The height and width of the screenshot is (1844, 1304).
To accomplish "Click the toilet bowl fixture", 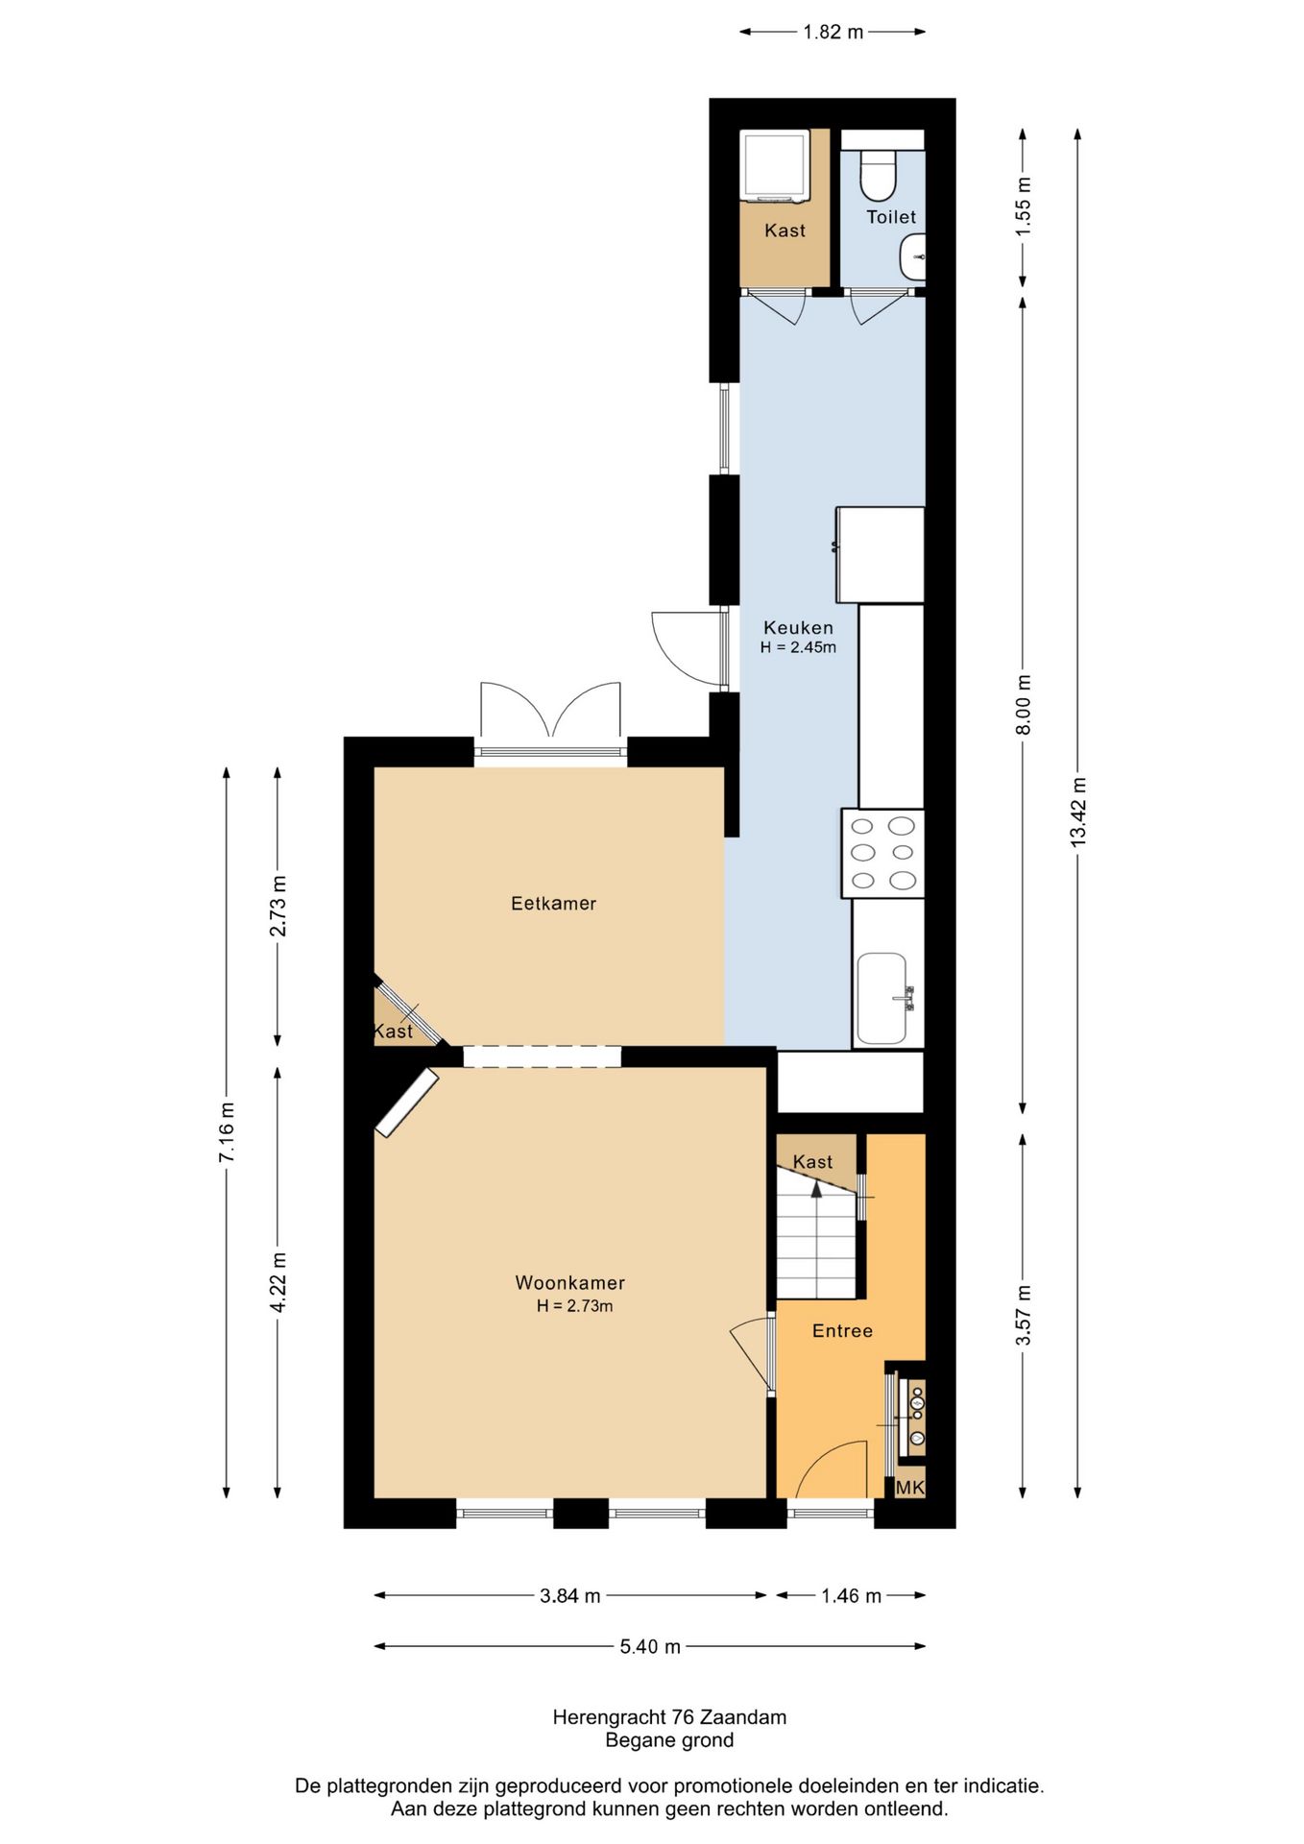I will (x=877, y=174).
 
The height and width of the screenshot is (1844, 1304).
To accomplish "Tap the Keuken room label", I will (x=798, y=628).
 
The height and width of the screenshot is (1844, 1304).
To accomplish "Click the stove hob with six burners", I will (x=882, y=853).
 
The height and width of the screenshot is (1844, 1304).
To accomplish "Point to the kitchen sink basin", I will (x=881, y=998).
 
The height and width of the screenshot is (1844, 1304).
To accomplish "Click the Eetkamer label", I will (x=553, y=904).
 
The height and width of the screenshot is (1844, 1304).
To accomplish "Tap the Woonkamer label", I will (x=569, y=1283).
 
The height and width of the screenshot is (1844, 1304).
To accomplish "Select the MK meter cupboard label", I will (x=909, y=1488).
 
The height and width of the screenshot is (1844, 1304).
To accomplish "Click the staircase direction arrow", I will (x=816, y=1189).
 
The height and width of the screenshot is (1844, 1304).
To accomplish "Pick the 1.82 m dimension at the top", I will (x=833, y=33).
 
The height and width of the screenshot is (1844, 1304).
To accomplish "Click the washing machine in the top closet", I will (x=773, y=166).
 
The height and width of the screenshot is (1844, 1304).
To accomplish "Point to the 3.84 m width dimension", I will (x=569, y=1596).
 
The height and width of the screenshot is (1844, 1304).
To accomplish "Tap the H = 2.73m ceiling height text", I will (x=574, y=1306).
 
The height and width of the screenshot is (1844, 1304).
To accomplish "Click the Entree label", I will (x=842, y=1331).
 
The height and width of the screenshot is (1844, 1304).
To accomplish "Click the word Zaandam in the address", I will (x=743, y=1717).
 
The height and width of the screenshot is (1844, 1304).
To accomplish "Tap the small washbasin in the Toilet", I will (x=912, y=257).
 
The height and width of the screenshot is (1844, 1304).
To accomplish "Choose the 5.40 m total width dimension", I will (x=649, y=1647).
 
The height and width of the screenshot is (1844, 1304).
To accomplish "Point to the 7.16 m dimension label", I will (x=227, y=1133).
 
